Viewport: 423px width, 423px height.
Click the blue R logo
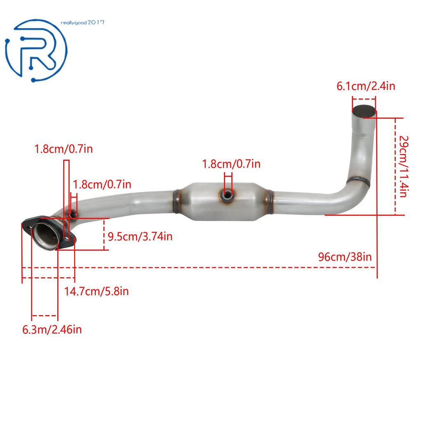point(36,50)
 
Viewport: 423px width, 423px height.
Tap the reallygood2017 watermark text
point(82,23)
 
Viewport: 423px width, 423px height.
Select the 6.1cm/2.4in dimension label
point(366,86)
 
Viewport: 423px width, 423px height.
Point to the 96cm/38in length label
point(345,257)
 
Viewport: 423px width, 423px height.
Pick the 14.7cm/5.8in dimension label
point(96,291)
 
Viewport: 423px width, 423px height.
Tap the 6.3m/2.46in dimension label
point(52,330)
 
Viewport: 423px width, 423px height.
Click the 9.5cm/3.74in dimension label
point(140,237)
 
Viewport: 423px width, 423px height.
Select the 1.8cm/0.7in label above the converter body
point(231,164)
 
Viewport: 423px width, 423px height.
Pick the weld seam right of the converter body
point(270,202)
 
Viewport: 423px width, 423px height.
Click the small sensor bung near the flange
point(72,215)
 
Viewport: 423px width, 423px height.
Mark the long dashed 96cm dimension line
point(199,268)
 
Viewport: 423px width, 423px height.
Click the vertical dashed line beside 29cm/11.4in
point(395,166)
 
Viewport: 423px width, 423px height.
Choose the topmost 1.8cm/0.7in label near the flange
point(64,149)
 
